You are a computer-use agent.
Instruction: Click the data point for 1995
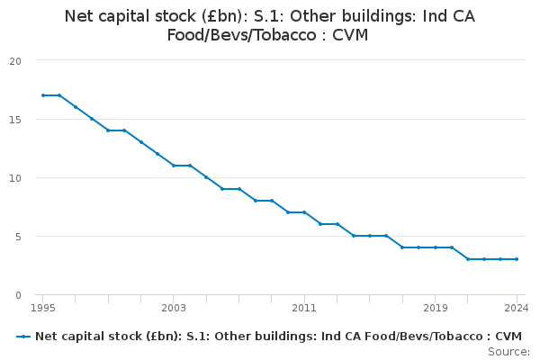[x=43, y=95]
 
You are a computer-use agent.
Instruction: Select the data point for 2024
[x=517, y=259]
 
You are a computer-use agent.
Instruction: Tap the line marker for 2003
[x=174, y=166]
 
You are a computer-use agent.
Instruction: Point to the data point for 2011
[x=304, y=212]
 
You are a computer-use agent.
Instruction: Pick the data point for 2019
[x=436, y=247]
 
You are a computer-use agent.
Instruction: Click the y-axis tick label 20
[x=15, y=61]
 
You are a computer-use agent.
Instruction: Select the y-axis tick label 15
[x=15, y=120]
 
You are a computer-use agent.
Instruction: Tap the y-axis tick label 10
[x=15, y=178]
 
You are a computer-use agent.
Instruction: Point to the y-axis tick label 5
[x=18, y=237]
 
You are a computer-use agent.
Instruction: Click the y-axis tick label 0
[x=18, y=295]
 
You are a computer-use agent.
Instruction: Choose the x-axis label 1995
[x=43, y=308]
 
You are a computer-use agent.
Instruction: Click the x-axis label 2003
[x=174, y=308]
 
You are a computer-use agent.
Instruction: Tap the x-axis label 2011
[x=304, y=308]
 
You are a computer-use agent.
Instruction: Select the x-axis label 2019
[x=436, y=308]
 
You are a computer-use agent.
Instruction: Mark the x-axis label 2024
[x=517, y=308]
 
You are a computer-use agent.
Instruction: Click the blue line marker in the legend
[x=23, y=337]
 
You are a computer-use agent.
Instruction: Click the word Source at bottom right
[x=508, y=352]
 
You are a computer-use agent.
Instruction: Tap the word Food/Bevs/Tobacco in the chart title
[x=242, y=35]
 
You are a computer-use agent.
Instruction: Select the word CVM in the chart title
[x=350, y=35]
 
